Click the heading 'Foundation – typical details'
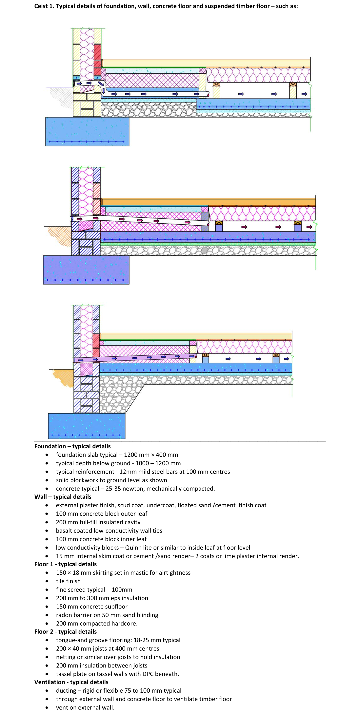(72, 446)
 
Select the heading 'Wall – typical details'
(63, 497)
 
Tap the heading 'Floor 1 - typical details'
(65, 564)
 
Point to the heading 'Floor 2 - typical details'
(65, 632)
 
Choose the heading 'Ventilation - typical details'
(71, 682)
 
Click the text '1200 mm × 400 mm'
(151, 455)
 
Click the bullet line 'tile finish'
(68, 581)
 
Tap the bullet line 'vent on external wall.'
(85, 707)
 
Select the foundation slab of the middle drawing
(86, 270)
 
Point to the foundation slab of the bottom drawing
(87, 426)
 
